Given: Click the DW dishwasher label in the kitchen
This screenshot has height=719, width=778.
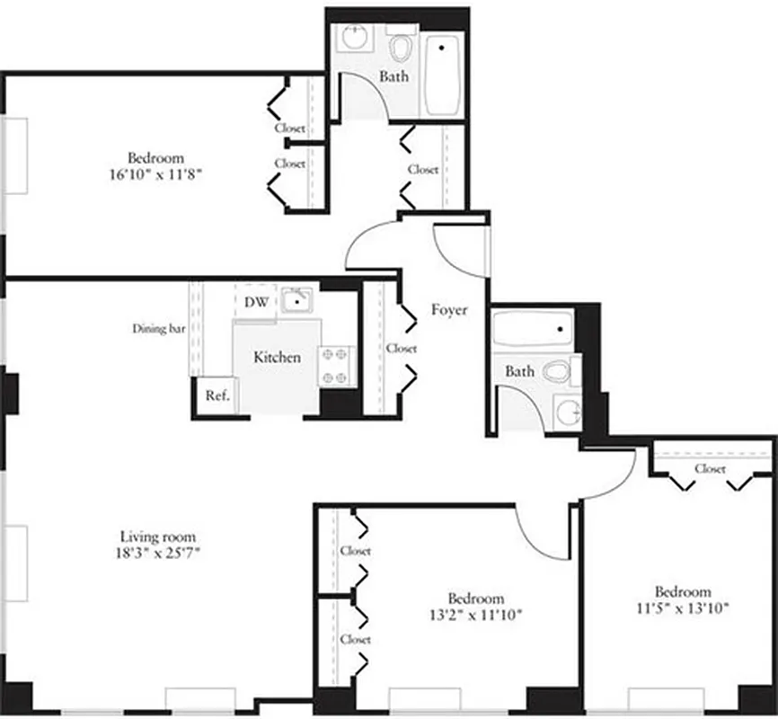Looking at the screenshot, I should point(257,303).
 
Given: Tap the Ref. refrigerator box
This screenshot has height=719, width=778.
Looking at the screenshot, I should point(216,395).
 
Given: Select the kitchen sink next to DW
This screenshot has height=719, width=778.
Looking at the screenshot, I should point(295,300).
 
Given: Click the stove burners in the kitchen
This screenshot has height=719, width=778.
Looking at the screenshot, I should point(336,366).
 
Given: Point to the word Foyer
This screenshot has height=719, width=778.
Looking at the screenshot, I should point(448,310).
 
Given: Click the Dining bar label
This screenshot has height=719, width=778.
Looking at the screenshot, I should point(158,329).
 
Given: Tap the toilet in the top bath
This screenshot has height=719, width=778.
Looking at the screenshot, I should point(400,47).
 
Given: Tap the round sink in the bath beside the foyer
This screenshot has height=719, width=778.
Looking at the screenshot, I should point(568,412).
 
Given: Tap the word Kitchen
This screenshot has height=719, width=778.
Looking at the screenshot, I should point(277,358).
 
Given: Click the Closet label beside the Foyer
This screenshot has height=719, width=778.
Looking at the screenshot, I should point(401,349).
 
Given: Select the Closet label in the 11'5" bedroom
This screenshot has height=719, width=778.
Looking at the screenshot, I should point(710,468).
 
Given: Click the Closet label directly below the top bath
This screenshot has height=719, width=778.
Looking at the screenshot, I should point(423,169).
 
